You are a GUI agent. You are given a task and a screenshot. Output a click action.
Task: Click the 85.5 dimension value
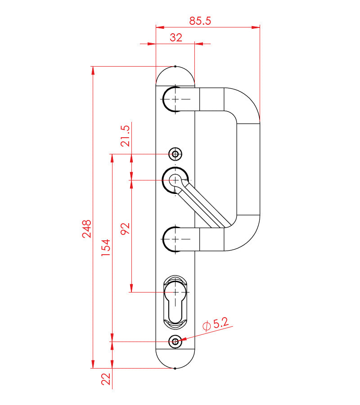click(x=200, y=21)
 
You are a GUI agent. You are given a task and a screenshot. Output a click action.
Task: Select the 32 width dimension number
click(x=176, y=38)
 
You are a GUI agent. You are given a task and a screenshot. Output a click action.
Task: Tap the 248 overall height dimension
click(x=86, y=229)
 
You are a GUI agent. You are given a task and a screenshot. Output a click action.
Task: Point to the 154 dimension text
click(x=106, y=247)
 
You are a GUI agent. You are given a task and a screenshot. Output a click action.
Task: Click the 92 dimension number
click(x=125, y=229)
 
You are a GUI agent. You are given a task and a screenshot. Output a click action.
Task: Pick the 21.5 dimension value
click(x=125, y=136)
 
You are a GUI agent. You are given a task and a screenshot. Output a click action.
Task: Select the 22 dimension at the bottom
click(x=106, y=379)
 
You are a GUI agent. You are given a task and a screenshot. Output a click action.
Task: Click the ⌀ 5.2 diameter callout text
click(x=216, y=324)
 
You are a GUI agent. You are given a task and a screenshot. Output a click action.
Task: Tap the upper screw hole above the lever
click(x=175, y=154)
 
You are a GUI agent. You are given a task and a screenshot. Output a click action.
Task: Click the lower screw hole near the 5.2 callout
click(x=175, y=342)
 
